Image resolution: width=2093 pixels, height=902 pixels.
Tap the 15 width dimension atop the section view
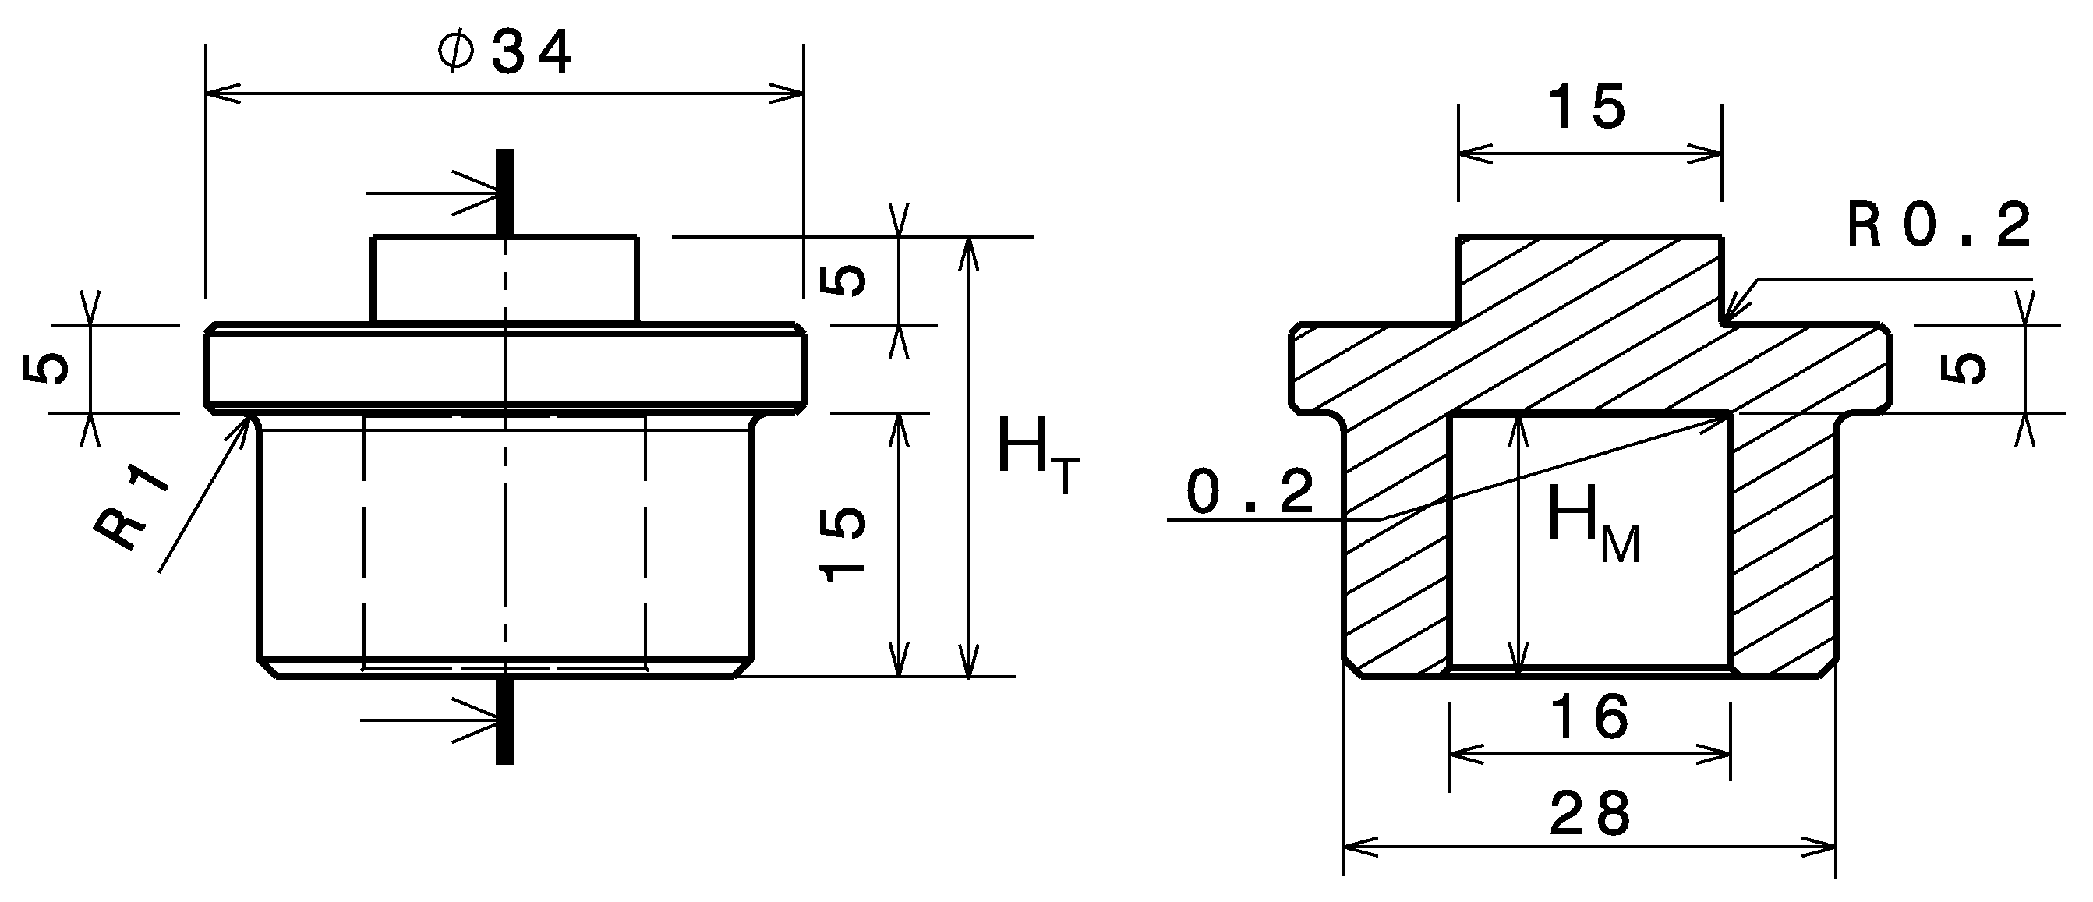[x=1588, y=108]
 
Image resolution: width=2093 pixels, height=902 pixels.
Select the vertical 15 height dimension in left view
[x=845, y=543]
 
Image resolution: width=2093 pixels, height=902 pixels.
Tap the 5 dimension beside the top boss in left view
[x=846, y=281]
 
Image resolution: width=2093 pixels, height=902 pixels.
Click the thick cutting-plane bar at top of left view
[x=504, y=192]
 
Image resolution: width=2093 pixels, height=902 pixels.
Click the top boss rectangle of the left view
[x=504, y=280]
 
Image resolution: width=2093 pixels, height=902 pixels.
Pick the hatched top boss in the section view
[x=1589, y=280]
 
